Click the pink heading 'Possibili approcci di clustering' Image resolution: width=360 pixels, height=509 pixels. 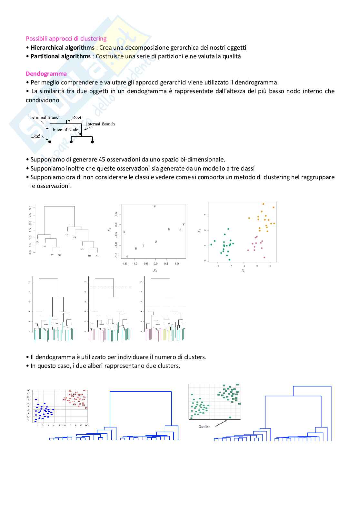(66, 39)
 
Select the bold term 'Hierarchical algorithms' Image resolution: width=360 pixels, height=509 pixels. (62, 48)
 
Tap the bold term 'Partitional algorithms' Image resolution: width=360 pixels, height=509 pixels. (60, 56)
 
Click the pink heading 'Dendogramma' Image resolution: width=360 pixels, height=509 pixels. (46, 74)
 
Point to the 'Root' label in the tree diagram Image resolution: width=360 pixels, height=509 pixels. (77, 118)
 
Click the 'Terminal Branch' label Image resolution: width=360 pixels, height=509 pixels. (45, 118)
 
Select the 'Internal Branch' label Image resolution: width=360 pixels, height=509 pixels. (100, 124)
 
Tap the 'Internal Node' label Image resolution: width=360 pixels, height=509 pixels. (65, 130)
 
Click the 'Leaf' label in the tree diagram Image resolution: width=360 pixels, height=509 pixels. (35, 136)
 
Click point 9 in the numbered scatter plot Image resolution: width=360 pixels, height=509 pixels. (155, 206)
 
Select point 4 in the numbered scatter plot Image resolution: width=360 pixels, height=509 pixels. (127, 257)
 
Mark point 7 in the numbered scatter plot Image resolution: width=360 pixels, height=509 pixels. (183, 224)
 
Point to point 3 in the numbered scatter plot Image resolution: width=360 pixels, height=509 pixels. (124, 232)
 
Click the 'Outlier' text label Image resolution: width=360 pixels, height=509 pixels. (204, 426)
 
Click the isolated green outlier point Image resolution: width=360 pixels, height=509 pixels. (230, 417)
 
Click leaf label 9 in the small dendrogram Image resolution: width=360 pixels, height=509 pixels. (67, 235)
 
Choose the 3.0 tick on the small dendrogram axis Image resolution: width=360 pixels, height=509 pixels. (30, 207)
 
